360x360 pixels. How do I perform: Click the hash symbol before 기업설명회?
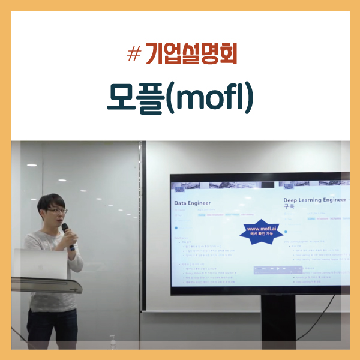click(134, 55)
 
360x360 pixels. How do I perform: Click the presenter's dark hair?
click(50, 202)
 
